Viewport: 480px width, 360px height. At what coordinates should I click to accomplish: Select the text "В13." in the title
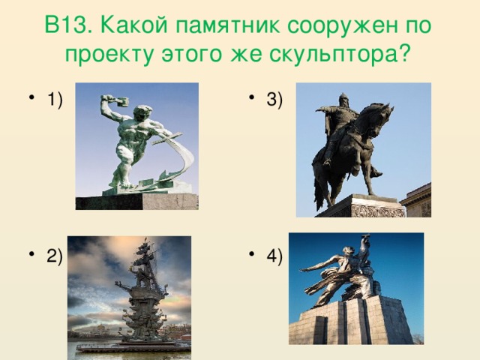[68, 25]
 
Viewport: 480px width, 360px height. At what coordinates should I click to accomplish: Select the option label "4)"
[274, 256]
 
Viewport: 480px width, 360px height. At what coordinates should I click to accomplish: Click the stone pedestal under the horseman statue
[361, 206]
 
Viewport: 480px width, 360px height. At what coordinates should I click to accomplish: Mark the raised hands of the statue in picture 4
[365, 241]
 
